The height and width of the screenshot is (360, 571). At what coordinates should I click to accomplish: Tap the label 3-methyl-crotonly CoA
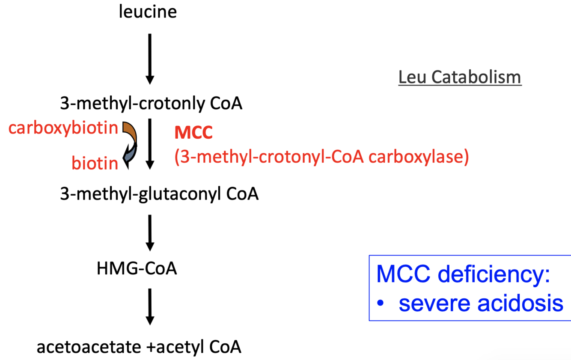tap(152, 104)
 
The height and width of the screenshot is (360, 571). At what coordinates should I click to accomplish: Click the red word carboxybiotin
tap(63, 128)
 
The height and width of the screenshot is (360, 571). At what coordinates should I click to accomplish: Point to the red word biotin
tap(95, 163)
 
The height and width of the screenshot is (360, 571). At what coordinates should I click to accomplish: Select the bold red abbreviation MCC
tap(193, 133)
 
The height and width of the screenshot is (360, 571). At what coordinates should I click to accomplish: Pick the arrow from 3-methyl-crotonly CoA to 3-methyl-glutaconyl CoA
tap(149, 145)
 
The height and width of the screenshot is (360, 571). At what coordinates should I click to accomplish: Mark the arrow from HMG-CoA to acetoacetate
tap(149, 306)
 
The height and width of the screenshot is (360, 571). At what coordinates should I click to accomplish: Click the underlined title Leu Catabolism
tap(460, 77)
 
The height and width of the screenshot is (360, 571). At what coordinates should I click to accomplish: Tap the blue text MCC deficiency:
tap(463, 274)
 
